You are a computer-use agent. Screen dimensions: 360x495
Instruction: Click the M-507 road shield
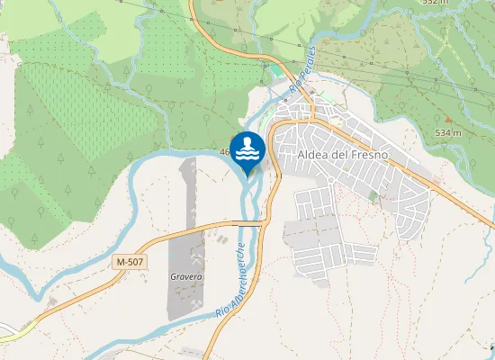coord(130,261)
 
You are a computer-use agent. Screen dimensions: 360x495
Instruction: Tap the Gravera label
coord(186,277)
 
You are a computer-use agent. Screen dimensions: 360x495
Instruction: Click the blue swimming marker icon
coord(247,149)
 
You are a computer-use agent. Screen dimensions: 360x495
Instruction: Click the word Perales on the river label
coord(306,65)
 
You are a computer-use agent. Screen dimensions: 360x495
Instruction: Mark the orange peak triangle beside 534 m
coord(447,119)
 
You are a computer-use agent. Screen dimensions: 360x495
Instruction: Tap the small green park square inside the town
coord(373,195)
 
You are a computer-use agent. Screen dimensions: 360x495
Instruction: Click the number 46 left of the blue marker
coord(225,152)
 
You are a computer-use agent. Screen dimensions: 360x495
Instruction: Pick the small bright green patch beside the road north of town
coord(274,70)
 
